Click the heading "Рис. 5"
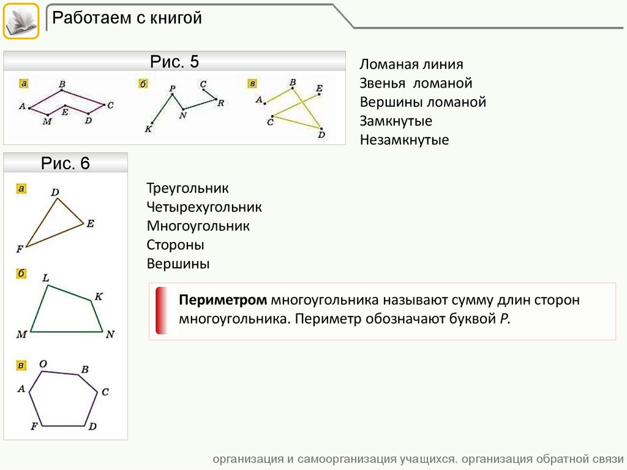pos(175,62)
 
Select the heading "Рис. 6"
pos(66,163)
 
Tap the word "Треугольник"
pos(187,188)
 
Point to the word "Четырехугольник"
pos(204,207)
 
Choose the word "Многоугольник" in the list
pos(198,226)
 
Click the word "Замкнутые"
pos(396,121)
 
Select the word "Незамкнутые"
pos(404,140)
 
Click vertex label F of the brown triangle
pos(20,249)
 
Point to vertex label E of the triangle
pos(90,224)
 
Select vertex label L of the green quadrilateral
pos(45,278)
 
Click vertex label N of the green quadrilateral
pos(110,335)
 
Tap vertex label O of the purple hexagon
pos(43,364)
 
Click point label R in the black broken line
pos(221,103)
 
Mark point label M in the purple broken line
pos(47,121)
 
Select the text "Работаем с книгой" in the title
pos(127,18)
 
